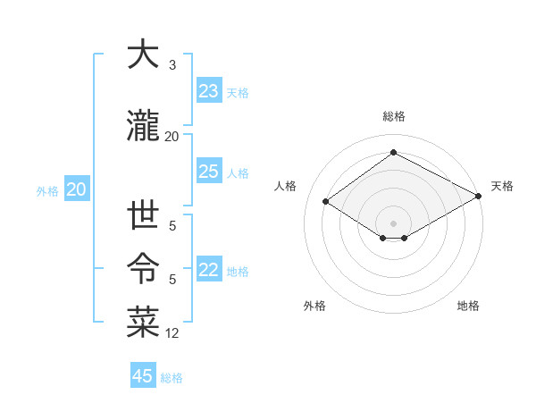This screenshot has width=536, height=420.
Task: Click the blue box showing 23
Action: [x=208, y=91]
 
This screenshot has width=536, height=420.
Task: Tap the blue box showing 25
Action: [x=208, y=172]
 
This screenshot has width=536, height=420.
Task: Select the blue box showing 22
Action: [x=208, y=271]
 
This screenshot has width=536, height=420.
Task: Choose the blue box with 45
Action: [x=143, y=376]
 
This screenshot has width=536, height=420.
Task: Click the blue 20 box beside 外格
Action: [x=77, y=189]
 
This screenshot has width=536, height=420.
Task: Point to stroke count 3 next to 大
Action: [x=172, y=65]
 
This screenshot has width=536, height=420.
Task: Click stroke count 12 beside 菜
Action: [x=172, y=333]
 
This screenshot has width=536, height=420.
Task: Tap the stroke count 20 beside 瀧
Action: [x=172, y=136]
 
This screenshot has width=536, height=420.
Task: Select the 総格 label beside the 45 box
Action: [x=172, y=377]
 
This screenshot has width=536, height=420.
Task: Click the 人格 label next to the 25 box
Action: [x=238, y=172]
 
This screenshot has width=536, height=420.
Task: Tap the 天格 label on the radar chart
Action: [x=502, y=186]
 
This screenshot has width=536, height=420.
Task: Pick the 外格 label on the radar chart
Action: [x=314, y=306]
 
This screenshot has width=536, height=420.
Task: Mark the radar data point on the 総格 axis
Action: [x=393, y=153]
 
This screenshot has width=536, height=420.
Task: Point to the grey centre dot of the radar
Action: [x=393, y=222]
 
